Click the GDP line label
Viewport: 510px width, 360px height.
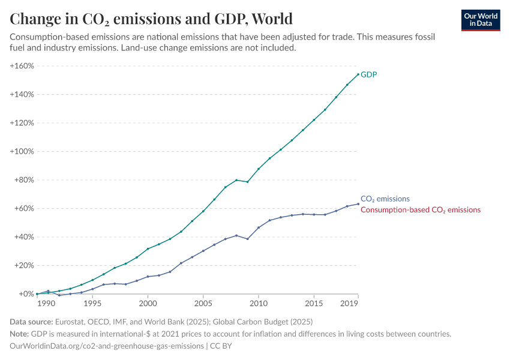point(368,74)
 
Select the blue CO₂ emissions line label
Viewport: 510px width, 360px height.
point(385,199)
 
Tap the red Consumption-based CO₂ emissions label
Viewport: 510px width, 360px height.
point(420,210)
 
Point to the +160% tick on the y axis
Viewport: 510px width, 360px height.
point(22,66)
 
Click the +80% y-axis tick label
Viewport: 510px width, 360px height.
point(23,180)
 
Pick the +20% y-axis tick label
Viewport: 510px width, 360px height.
point(23,265)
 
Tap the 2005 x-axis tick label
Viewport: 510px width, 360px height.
point(203,304)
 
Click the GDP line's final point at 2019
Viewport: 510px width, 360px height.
point(358,74)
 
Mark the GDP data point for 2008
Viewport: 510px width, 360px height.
point(236,180)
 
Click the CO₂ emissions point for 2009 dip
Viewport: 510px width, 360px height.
point(247,239)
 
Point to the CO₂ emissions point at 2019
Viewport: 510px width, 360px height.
point(358,204)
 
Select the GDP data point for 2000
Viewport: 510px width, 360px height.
point(148,249)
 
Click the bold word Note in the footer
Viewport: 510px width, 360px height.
point(20,334)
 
